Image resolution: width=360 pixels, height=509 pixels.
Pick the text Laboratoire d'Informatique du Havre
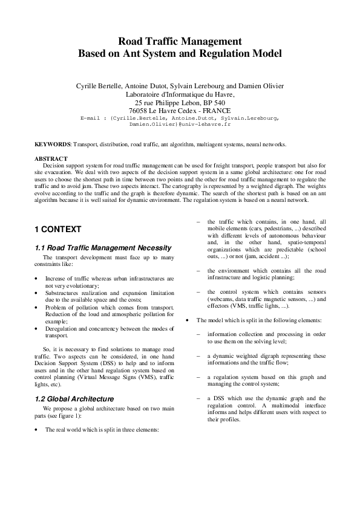pos(179,94)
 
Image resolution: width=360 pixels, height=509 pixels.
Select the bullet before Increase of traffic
pos(38,279)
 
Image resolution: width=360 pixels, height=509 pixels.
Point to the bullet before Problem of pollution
pos(38,307)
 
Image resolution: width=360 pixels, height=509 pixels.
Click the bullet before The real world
pos(38,430)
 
